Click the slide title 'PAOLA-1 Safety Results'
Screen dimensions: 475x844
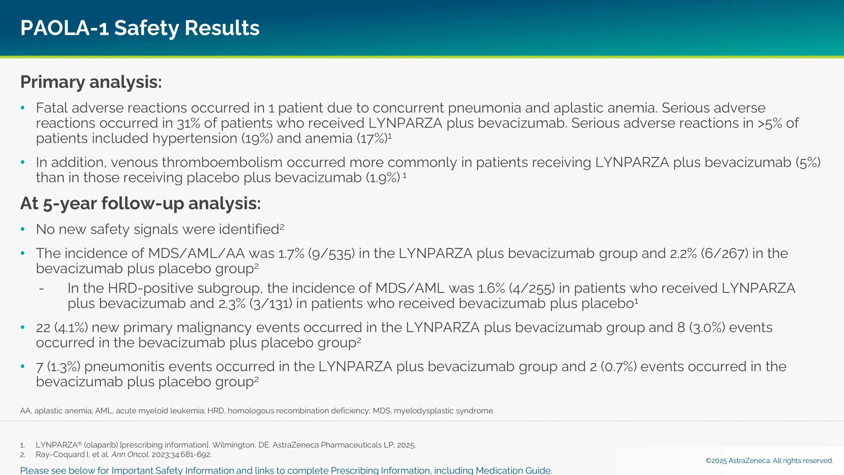(x=140, y=28)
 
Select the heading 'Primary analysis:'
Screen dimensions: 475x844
(x=91, y=82)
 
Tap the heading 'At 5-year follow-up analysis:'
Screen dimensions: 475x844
(x=140, y=203)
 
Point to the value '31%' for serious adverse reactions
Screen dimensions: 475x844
(x=188, y=123)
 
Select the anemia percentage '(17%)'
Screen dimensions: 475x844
(x=372, y=139)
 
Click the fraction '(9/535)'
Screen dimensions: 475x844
(x=331, y=254)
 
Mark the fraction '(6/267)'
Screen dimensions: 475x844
(x=725, y=254)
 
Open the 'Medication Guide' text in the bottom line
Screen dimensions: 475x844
(x=513, y=470)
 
